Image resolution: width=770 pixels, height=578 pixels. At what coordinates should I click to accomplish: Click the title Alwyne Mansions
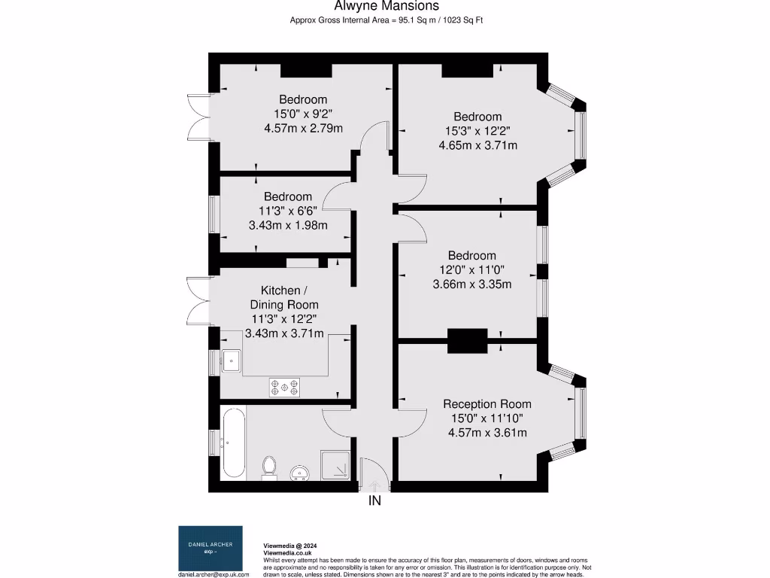pos(386,6)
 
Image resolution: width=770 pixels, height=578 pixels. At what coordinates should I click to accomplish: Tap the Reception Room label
pos(487,404)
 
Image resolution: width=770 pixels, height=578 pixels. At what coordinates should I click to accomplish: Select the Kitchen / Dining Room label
pos(284,297)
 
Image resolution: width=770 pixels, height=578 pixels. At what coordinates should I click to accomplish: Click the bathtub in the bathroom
pos(233,443)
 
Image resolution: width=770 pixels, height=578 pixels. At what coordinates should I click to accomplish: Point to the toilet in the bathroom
pos(269,467)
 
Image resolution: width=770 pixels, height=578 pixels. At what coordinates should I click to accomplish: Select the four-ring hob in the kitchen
pos(284,387)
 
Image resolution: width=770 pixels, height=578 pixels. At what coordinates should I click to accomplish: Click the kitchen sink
pos(231,362)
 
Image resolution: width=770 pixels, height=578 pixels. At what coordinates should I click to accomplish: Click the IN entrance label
pos(374,500)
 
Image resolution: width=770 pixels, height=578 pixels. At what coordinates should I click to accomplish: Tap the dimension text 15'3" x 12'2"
pos(477,131)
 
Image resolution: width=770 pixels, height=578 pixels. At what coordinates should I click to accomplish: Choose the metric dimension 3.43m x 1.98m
pos(288,225)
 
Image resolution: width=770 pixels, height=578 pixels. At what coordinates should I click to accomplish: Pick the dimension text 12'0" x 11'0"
pos(471,270)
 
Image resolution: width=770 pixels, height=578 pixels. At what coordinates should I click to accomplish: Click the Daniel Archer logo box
pos(209,547)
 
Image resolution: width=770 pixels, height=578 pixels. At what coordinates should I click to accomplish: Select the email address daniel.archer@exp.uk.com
pos(214,574)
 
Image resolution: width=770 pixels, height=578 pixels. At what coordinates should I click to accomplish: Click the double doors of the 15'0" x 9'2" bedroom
pos(199,117)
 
